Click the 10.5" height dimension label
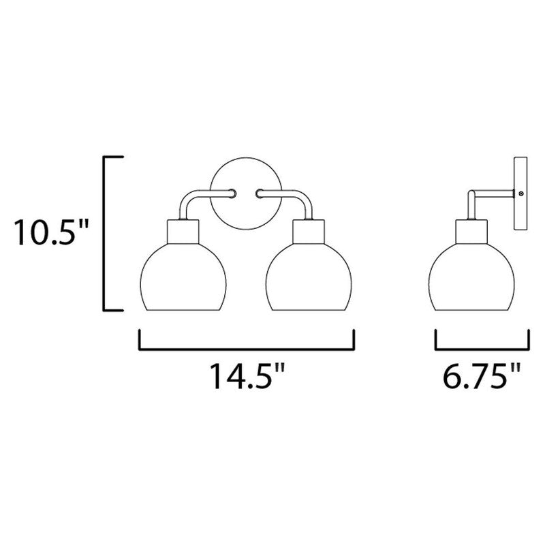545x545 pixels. click(x=50, y=232)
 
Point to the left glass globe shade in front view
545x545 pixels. click(x=183, y=277)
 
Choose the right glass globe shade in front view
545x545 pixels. click(x=309, y=277)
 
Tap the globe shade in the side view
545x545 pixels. click(x=471, y=277)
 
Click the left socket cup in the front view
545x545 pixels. click(x=183, y=232)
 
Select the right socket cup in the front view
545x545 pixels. click(x=309, y=232)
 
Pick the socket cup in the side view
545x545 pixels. click(x=471, y=232)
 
